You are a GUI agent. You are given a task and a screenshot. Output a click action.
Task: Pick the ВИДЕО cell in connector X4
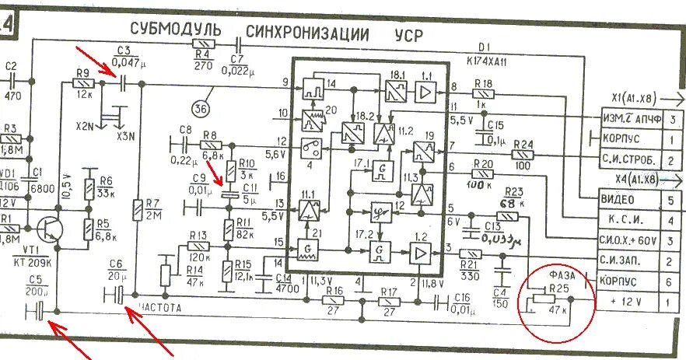(x=621, y=198)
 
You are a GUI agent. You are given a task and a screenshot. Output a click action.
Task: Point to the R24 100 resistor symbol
(x=522, y=156)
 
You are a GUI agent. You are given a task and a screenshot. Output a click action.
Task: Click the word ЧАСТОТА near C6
(x=161, y=307)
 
